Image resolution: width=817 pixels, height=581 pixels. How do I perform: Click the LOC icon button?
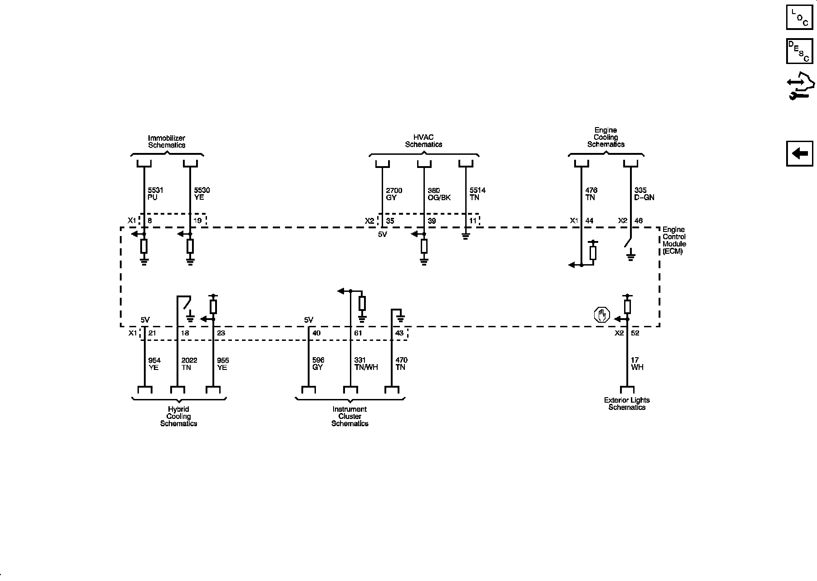(x=799, y=17)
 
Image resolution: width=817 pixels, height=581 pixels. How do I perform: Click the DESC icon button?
(x=799, y=51)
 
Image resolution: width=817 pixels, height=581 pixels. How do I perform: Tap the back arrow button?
(x=799, y=153)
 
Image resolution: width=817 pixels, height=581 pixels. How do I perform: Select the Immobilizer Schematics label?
(x=167, y=142)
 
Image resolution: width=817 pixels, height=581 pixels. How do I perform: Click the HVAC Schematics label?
(x=423, y=141)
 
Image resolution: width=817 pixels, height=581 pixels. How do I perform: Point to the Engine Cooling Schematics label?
(x=605, y=137)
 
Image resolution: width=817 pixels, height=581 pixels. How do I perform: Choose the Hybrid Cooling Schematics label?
(x=178, y=416)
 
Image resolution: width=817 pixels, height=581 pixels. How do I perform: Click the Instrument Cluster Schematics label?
(x=349, y=416)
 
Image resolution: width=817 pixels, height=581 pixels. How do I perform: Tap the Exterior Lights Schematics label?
(x=626, y=404)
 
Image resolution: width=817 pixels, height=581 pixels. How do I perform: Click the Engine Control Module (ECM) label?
(x=674, y=240)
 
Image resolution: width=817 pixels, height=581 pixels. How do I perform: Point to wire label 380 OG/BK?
(x=439, y=194)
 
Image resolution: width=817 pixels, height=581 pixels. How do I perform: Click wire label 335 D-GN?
(x=644, y=194)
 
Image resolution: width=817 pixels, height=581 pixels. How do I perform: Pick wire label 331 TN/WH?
(x=366, y=364)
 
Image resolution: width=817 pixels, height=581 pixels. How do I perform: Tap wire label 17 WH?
(x=637, y=364)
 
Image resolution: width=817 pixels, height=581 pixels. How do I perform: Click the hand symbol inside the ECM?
(x=602, y=315)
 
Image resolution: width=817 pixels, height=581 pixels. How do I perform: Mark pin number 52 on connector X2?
(x=635, y=333)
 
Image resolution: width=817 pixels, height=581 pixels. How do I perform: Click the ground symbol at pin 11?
(x=465, y=236)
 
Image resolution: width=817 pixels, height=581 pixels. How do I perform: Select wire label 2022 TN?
(x=189, y=364)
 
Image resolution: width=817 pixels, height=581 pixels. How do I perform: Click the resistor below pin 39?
(x=424, y=246)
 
